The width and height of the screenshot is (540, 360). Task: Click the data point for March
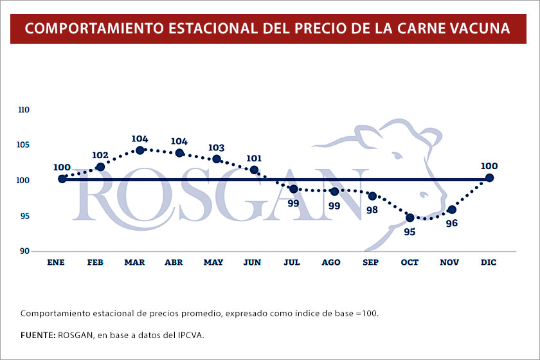[x=140, y=150]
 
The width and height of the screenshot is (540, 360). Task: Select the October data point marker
[x=410, y=218]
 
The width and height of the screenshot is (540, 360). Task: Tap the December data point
[x=489, y=177]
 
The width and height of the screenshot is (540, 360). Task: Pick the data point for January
[x=62, y=179]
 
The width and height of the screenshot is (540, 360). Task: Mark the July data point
[x=293, y=189]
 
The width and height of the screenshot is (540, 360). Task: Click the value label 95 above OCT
[x=410, y=231]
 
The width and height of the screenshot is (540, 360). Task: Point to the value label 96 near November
[x=451, y=223]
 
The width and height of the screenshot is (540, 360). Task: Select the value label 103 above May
[x=216, y=148]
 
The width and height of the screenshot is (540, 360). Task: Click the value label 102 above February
[x=100, y=155]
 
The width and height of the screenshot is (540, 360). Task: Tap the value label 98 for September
[x=372, y=210]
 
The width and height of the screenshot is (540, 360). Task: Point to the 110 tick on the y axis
[x=24, y=110]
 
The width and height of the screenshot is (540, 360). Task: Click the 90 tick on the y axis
[x=24, y=251]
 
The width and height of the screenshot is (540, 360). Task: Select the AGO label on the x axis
[x=331, y=262]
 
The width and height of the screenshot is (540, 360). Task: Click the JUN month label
[x=253, y=262]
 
